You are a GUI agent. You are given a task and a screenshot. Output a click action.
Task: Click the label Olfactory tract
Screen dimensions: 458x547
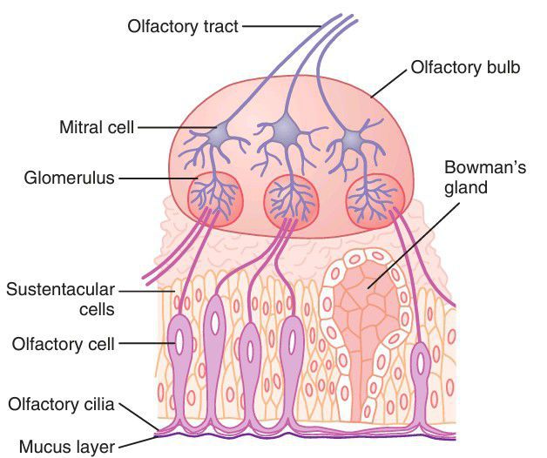pos(183,27)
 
